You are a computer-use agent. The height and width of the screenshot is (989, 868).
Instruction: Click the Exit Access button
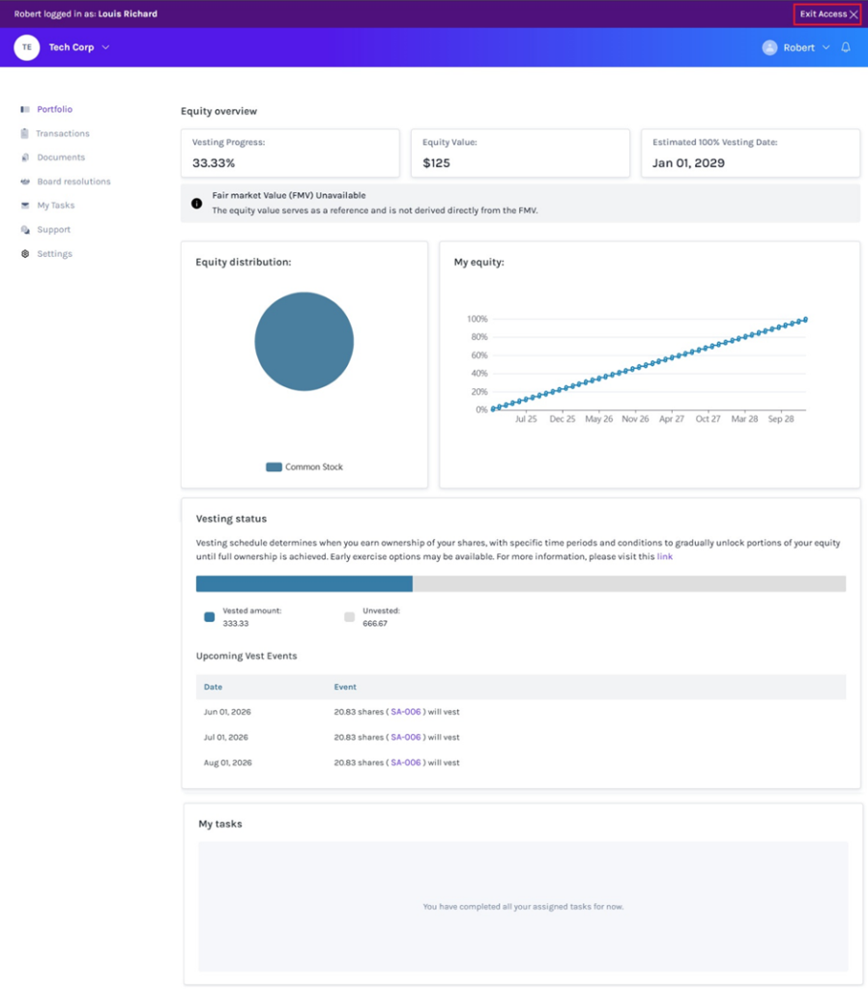point(827,14)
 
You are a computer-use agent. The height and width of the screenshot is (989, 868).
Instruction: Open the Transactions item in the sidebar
point(63,133)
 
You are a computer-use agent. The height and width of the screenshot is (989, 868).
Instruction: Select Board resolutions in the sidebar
point(73,182)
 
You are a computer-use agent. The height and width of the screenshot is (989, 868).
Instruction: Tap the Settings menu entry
point(54,254)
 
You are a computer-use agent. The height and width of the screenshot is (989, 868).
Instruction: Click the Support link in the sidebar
point(54,230)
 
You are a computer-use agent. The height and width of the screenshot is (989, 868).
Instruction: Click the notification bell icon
point(846,47)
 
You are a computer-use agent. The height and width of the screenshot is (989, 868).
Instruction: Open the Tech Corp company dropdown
point(79,47)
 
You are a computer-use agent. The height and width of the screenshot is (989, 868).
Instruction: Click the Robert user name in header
point(798,48)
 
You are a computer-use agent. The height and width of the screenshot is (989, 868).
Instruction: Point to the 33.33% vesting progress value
point(214,163)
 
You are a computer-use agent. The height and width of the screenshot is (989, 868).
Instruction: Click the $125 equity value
point(436,163)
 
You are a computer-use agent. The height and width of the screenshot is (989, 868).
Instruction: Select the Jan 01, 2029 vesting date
point(688,163)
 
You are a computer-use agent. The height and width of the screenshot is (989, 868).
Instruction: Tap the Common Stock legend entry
point(304,466)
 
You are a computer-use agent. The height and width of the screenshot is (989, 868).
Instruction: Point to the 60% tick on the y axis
point(479,355)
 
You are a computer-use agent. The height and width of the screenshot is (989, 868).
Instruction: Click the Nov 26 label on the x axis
point(635,419)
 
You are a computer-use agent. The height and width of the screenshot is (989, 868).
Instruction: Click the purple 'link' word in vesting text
point(665,556)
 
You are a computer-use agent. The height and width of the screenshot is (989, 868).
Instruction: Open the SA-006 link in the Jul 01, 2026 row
point(405,737)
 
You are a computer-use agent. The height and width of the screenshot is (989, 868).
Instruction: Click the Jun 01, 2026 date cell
point(227,712)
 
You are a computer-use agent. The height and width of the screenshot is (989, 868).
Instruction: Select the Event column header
point(345,687)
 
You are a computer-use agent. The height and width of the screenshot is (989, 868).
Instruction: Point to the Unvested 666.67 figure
point(375,623)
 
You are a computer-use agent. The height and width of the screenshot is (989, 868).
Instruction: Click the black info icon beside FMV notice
point(197,203)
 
